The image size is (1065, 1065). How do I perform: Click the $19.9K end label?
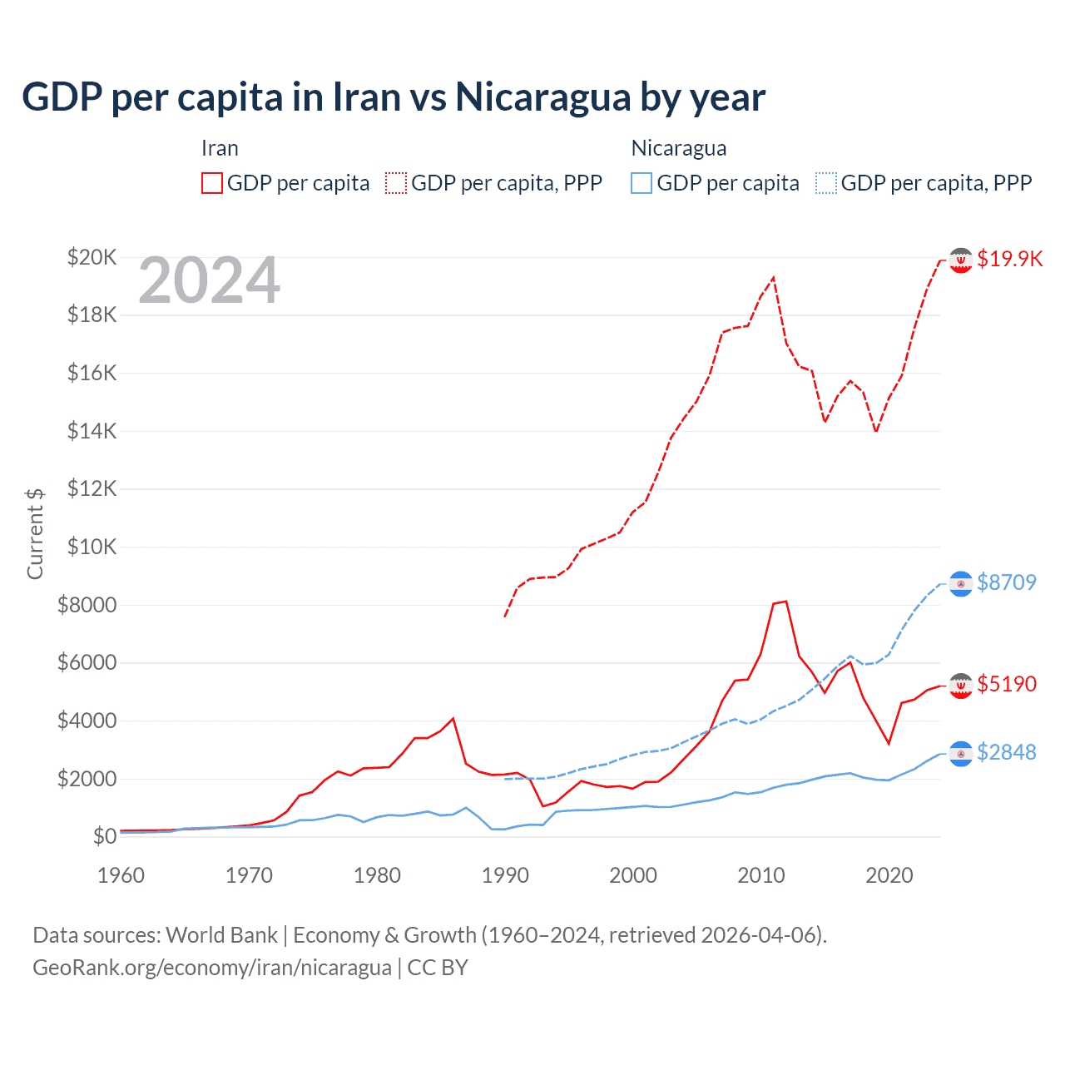pos(1009,259)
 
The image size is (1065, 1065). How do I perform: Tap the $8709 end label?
pos(1007,582)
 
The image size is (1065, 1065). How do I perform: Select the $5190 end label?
pos(1007,684)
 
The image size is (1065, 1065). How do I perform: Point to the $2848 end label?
pos(1007,752)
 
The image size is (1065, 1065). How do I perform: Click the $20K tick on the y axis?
pos(92,257)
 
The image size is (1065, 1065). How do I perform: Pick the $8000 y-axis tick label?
pos(87,605)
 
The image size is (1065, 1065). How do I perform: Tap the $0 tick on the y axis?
pos(104,836)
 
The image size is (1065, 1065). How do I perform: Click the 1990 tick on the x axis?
pos(505,875)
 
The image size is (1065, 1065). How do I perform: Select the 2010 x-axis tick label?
pos(761,875)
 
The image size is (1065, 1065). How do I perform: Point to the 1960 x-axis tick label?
pos(121,875)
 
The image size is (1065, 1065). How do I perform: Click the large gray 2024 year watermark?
pos(209,281)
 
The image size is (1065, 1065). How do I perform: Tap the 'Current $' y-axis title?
pos(35,534)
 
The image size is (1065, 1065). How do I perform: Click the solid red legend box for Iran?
pos(212,183)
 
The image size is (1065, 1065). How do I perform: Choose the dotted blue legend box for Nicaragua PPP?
pos(826,183)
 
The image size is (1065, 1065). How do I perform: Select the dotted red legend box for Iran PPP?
pos(396,183)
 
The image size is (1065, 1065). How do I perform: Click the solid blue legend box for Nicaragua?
pos(641,183)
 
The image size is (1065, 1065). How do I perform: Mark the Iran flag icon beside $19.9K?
pos(961,260)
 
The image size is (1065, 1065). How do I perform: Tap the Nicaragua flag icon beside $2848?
pos(961,753)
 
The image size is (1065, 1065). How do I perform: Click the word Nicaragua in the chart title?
pos(543,97)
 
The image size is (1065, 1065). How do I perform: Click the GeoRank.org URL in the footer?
pos(212,968)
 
